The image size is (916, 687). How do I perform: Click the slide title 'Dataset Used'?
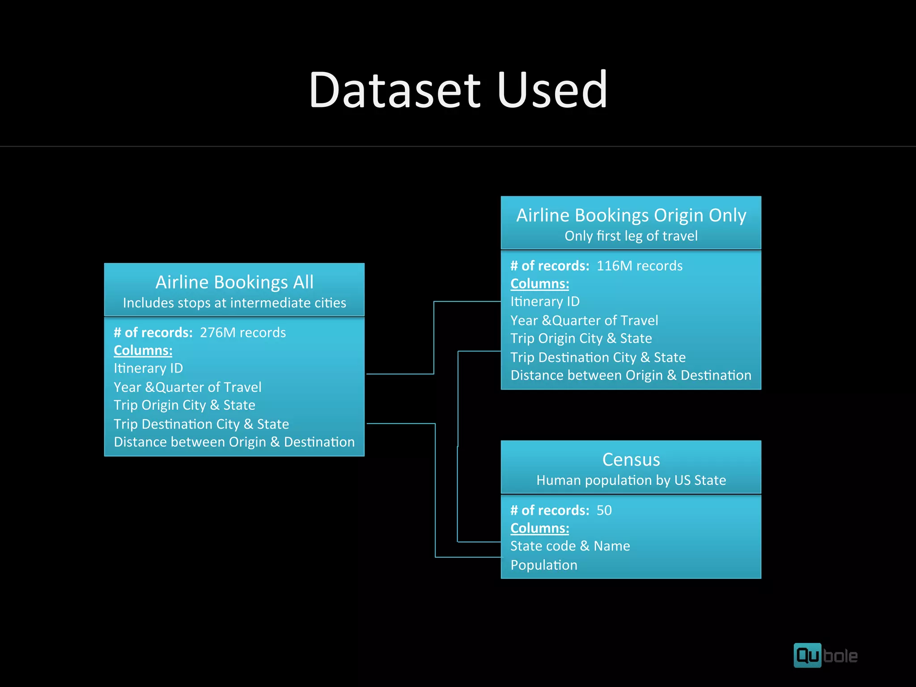[x=458, y=90]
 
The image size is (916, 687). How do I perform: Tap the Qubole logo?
[x=825, y=656]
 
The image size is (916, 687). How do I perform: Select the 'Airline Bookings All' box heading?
[x=234, y=282]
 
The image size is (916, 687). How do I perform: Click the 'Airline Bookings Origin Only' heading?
[x=631, y=216]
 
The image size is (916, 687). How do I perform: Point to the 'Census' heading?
[x=631, y=460]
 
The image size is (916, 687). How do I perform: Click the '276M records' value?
[x=242, y=333]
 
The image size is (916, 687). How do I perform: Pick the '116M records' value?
[x=639, y=266]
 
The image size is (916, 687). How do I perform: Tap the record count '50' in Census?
[x=604, y=510]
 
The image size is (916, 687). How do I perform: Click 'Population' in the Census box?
[x=544, y=565]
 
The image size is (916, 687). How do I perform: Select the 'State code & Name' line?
[x=570, y=546]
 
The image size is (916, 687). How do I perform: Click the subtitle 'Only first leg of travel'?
[x=631, y=236]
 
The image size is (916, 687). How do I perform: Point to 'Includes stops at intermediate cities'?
[x=234, y=303]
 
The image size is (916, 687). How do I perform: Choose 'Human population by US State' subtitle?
[x=631, y=480]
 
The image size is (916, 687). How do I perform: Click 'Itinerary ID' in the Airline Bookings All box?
[x=148, y=369]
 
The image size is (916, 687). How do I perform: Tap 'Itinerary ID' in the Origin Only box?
[x=545, y=302]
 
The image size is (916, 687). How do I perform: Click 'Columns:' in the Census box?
[x=540, y=528]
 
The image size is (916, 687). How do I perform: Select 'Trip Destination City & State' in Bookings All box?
[x=201, y=424]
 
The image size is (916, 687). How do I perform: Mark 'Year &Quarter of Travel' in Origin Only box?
[x=584, y=321]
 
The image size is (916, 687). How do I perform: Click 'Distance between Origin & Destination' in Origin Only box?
[x=631, y=375]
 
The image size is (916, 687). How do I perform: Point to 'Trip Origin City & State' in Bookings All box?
[x=184, y=405]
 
